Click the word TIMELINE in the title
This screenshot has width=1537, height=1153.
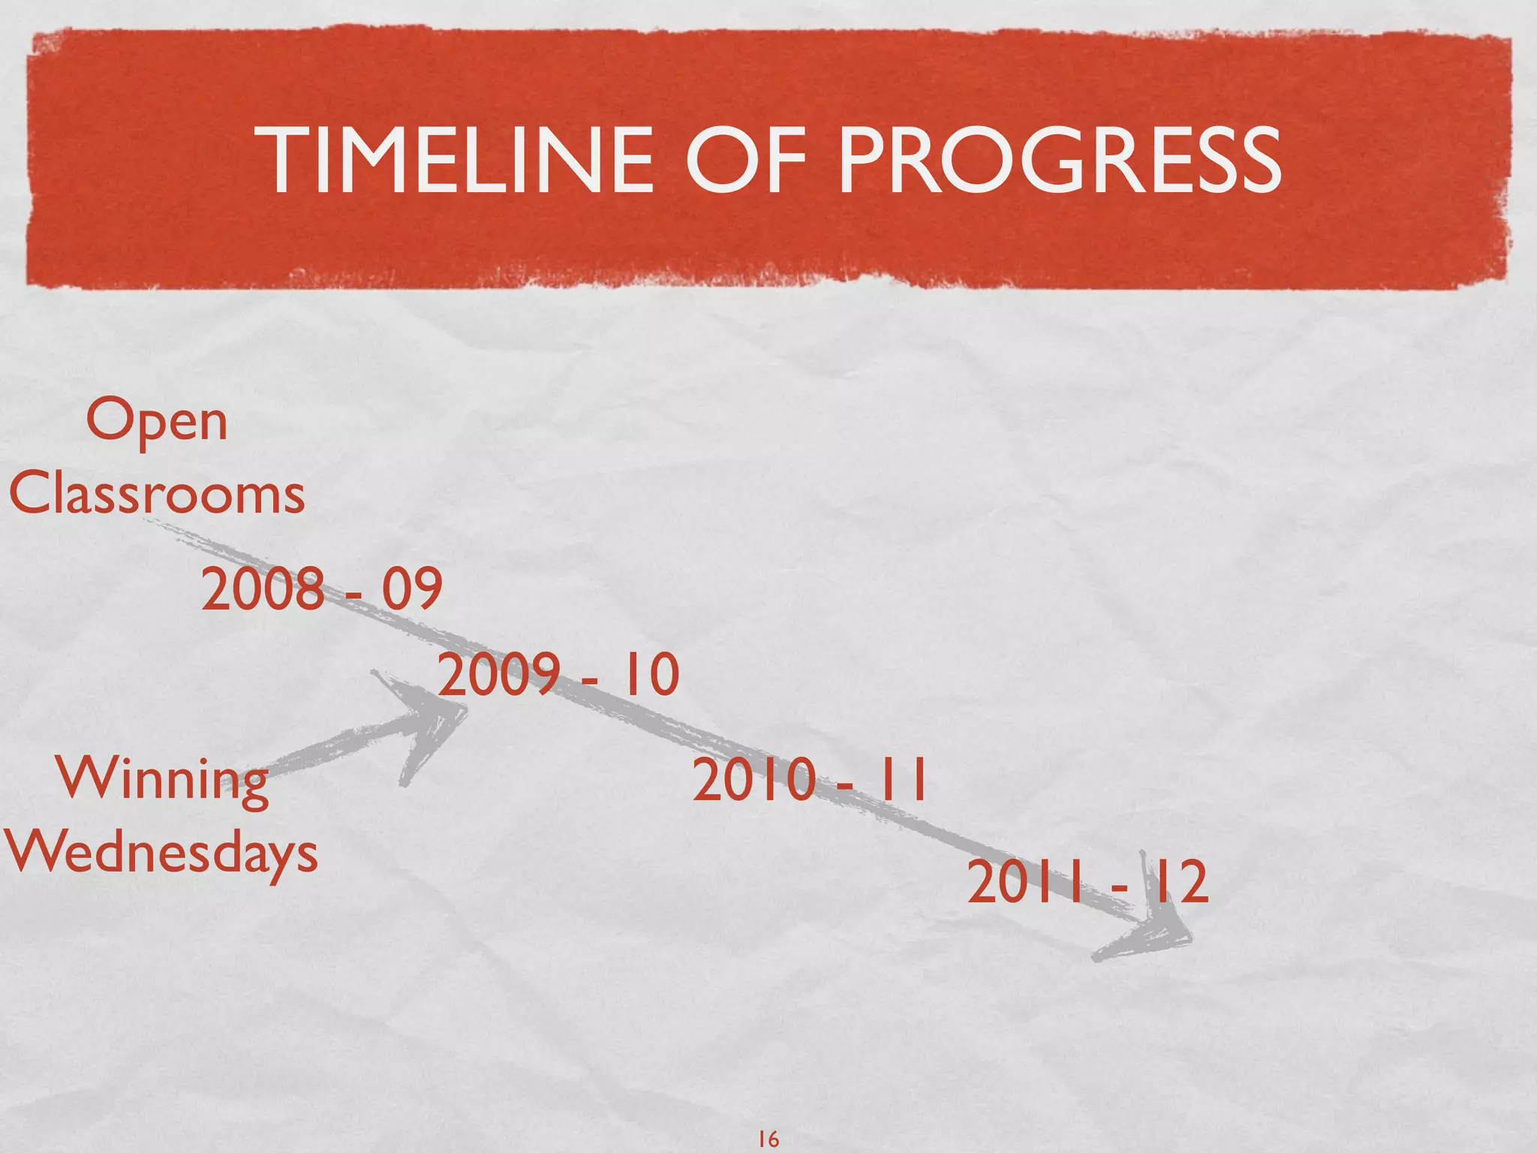[x=460, y=160]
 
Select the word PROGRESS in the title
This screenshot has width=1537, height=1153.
[x=1059, y=160]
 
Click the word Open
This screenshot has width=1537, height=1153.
[x=156, y=423]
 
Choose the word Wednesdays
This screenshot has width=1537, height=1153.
[x=161, y=853]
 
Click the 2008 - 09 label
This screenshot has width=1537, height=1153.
[x=321, y=589]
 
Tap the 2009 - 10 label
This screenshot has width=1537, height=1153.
[x=558, y=674]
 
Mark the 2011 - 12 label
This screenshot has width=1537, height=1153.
[x=1087, y=883]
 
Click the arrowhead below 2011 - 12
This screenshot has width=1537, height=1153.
[x=1148, y=931]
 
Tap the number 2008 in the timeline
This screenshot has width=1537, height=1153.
[x=262, y=589]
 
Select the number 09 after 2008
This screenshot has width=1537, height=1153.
[x=412, y=589]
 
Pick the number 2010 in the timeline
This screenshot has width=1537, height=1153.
[x=753, y=781]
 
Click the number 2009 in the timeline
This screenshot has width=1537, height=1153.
[x=498, y=674]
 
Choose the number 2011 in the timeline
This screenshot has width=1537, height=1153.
[x=1025, y=883]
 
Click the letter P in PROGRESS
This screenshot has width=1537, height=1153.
[x=863, y=160]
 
